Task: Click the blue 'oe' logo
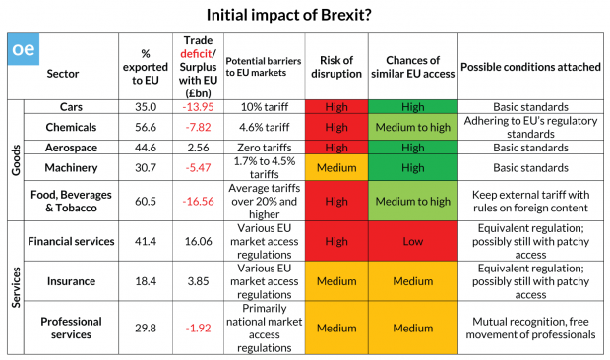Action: click(x=24, y=49)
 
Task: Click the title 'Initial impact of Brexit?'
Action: click(x=288, y=15)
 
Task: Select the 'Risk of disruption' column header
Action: click(x=336, y=67)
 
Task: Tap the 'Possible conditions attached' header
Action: click(x=530, y=67)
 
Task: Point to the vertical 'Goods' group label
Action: click(x=16, y=159)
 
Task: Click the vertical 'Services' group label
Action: click(x=16, y=287)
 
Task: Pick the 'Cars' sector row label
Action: click(x=71, y=107)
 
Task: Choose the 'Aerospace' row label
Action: click(x=71, y=148)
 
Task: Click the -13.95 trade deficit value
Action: click(x=198, y=107)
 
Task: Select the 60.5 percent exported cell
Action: click(x=146, y=201)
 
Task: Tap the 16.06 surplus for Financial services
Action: click(x=198, y=241)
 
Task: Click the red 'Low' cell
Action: click(x=413, y=241)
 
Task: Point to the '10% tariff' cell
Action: click(x=264, y=107)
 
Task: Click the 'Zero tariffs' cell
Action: click(x=264, y=148)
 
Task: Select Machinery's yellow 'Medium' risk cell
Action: click(x=336, y=167)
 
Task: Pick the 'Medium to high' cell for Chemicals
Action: click(x=413, y=127)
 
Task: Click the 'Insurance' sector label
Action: click(x=71, y=281)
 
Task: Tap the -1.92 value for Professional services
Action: click(x=198, y=329)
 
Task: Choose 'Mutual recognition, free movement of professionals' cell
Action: click(x=530, y=329)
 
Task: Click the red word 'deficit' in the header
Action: click(x=196, y=54)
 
